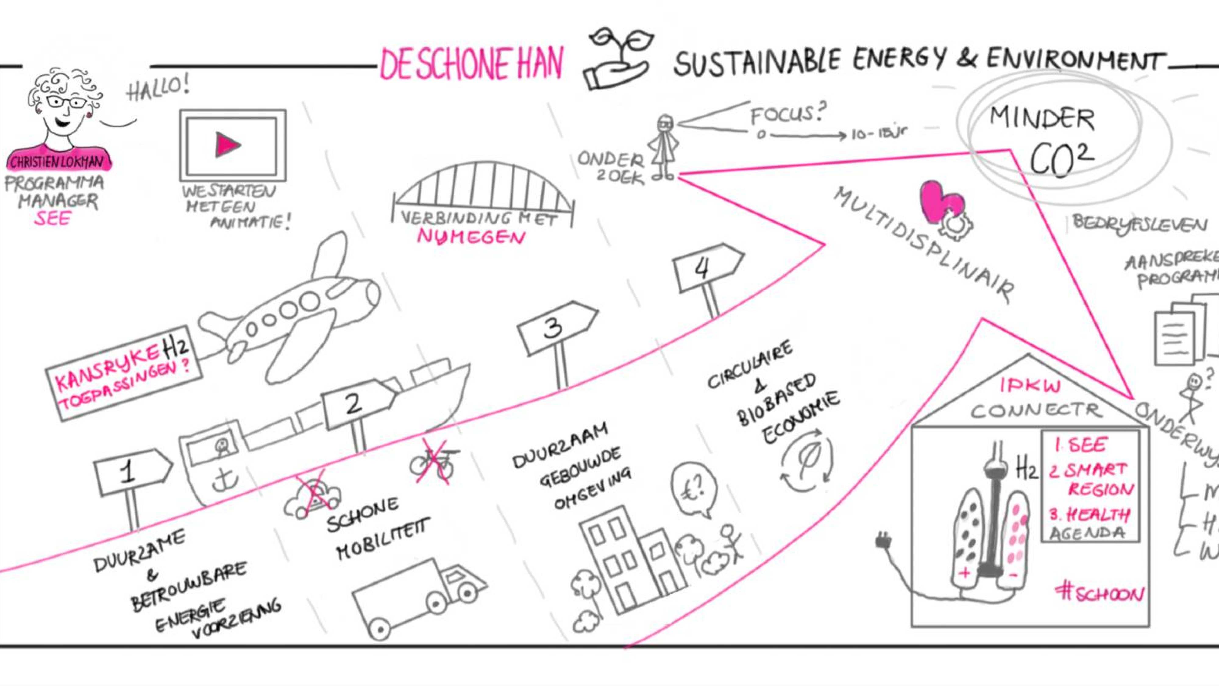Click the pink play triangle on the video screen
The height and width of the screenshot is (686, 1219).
pos(227,145)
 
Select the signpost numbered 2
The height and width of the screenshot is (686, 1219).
pos(357,402)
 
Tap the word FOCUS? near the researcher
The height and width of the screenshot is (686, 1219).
pos(788,114)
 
